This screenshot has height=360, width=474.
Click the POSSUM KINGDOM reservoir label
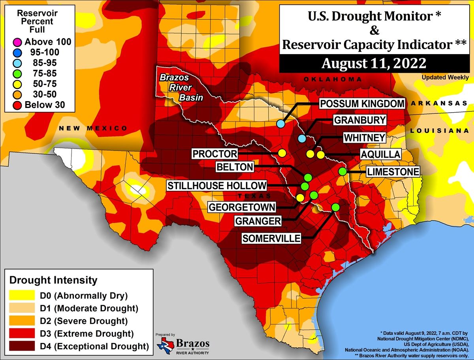click(x=362, y=104)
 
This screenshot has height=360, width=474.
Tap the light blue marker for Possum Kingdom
click(x=281, y=124)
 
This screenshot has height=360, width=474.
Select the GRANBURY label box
click(x=360, y=120)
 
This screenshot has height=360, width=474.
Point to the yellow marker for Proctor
click(x=282, y=153)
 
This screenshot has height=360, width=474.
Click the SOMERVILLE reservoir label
click(x=271, y=238)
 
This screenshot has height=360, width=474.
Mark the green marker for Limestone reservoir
click(x=342, y=172)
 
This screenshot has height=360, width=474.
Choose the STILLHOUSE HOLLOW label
click(x=216, y=186)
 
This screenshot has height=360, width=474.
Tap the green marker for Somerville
click(x=336, y=207)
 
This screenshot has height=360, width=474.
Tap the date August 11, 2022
click(x=373, y=63)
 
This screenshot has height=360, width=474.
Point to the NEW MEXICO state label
click(x=93, y=128)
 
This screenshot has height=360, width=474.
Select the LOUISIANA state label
click(x=441, y=130)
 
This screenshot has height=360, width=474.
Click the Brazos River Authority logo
click(x=183, y=346)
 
